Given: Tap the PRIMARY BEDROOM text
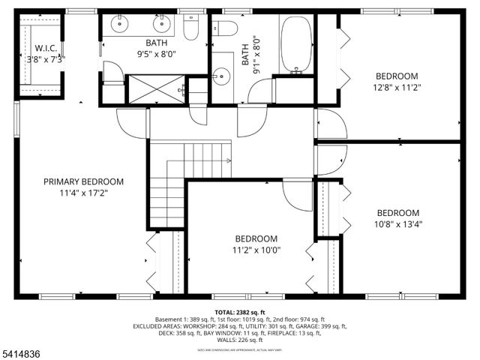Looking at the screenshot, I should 83,181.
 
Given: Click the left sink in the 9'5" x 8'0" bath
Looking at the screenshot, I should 120,25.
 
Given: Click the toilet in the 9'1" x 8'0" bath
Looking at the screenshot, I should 226,29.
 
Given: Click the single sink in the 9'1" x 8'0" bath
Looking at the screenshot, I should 220,76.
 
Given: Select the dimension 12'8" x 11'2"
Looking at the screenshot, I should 397,87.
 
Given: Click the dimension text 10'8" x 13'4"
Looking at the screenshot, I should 397,223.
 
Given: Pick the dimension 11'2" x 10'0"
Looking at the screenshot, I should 256,250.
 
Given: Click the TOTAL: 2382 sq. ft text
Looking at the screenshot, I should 239,312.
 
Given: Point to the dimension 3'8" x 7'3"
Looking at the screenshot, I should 46,58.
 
